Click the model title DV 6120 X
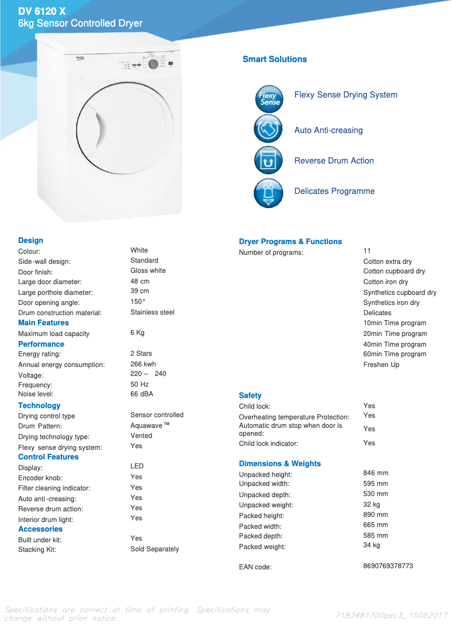(x=42, y=11)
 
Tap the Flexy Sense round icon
(x=268, y=99)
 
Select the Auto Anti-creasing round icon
(x=268, y=129)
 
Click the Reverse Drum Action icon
(x=268, y=160)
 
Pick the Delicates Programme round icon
(x=268, y=192)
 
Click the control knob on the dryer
(x=153, y=64)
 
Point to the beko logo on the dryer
(x=81, y=57)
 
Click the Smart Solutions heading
(x=274, y=59)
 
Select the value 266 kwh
(x=143, y=364)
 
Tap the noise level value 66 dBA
(x=141, y=394)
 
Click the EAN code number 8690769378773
(x=388, y=565)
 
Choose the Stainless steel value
(x=152, y=312)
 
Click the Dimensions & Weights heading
(x=280, y=463)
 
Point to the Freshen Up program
(x=381, y=365)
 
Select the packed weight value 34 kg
(x=371, y=545)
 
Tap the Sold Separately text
(x=154, y=549)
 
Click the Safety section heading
(x=250, y=395)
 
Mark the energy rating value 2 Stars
(x=141, y=353)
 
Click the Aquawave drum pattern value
(x=149, y=425)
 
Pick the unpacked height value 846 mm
(x=375, y=473)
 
